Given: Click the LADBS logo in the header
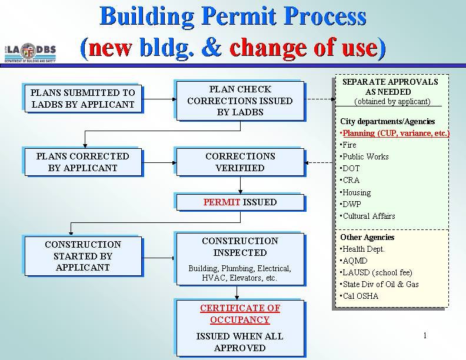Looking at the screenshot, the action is coord(30,53).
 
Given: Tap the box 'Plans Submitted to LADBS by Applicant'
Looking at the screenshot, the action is coord(83,99).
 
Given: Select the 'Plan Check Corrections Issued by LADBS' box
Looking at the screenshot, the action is coord(240,101).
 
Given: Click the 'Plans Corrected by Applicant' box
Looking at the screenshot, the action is coord(83,162).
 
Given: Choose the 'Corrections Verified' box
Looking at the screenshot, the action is coord(240,162).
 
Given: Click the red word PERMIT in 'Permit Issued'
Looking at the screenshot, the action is coord(221,202).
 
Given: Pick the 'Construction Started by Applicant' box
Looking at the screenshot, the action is coord(83,256).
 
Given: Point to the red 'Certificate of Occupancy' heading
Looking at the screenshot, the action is coord(240,314).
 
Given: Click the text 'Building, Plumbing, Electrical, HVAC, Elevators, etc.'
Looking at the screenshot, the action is coord(240,274).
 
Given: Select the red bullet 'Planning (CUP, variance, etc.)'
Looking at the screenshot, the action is coord(395,133).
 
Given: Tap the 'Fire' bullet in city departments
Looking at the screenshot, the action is coord(348,145).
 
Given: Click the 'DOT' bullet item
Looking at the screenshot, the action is coord(350,168).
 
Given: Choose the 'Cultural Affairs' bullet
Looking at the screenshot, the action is coord(368,216).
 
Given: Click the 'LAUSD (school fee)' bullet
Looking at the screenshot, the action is coord(376,273).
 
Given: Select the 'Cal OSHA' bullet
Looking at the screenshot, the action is coord(360,296).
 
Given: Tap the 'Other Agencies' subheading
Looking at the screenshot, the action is coord(367,237).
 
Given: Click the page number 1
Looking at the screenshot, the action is coord(425,336).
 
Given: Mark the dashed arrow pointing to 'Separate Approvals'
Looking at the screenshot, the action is coord(320,99).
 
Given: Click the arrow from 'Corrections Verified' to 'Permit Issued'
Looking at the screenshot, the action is coord(240,185).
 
